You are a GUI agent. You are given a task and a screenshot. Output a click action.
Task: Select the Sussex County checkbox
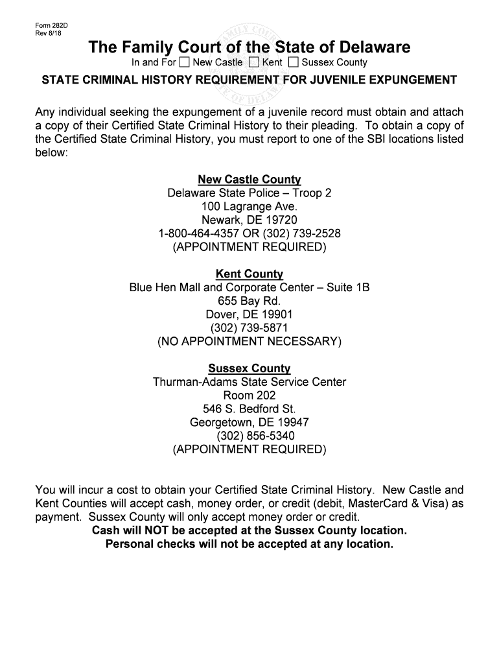click(294, 63)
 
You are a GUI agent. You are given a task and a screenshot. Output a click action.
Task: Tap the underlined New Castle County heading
click(250, 180)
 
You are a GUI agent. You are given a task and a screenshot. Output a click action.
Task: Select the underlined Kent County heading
click(250, 274)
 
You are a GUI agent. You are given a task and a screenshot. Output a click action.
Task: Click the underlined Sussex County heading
click(250, 368)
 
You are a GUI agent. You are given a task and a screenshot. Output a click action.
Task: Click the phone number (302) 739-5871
click(250, 327)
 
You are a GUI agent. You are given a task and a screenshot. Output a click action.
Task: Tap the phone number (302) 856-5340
click(250, 436)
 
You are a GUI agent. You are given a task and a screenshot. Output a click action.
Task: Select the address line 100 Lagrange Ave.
click(250, 207)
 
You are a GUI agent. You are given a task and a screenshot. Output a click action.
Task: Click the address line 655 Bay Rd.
click(250, 301)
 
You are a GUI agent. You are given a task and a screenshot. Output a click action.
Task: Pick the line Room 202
click(250, 396)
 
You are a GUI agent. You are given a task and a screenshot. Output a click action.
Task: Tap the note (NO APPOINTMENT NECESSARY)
click(250, 341)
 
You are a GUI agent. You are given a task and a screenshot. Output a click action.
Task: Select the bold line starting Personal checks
click(250, 544)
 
